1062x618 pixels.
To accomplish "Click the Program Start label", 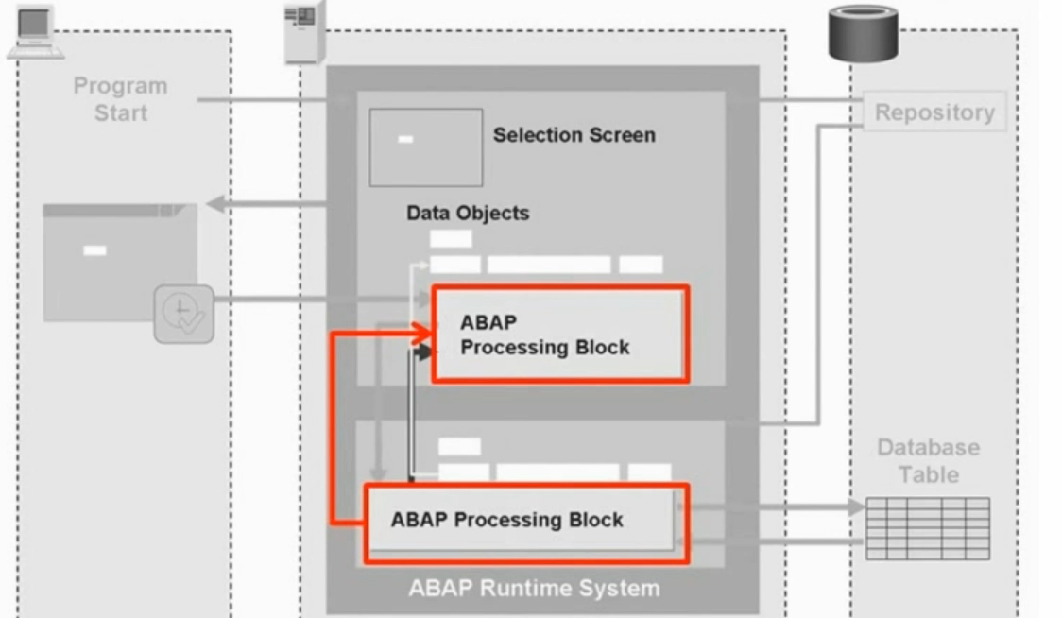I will (x=120, y=99).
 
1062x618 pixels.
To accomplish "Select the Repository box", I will (x=934, y=112).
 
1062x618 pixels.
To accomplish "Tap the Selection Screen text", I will (x=574, y=135).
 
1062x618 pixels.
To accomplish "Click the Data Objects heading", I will (x=468, y=214).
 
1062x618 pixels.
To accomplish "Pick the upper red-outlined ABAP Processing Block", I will (x=559, y=335).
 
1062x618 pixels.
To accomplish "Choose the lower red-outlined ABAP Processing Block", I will (x=526, y=523).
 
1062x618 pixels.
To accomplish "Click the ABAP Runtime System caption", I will (x=534, y=589).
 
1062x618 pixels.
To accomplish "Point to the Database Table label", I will (x=928, y=460).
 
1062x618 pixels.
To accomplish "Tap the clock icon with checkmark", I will (x=183, y=315).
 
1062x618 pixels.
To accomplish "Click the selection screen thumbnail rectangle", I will (x=425, y=147).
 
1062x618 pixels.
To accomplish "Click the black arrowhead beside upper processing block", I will (x=424, y=352).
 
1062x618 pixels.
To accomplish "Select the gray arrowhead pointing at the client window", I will (x=214, y=203).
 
